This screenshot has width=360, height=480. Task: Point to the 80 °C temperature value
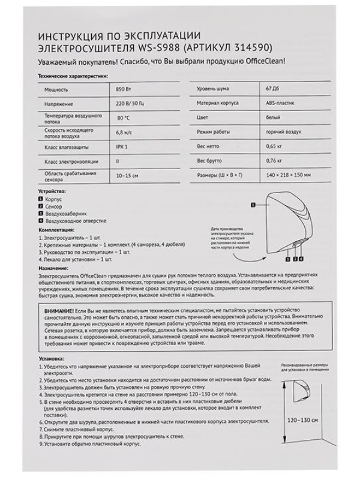(123, 118)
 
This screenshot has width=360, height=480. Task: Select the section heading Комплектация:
(56, 230)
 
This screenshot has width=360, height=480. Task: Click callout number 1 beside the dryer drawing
(253, 205)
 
